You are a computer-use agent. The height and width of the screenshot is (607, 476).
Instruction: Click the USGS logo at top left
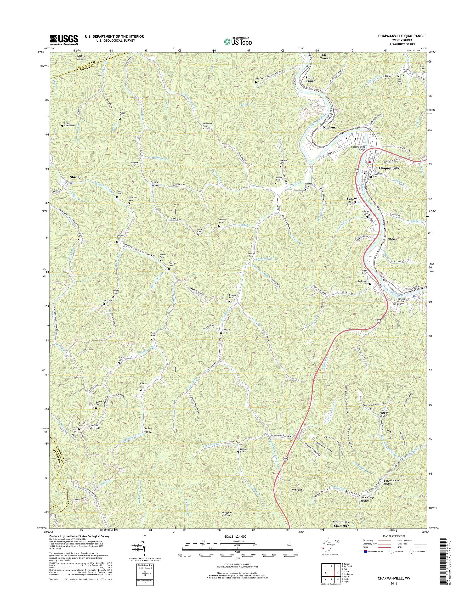pos(64,40)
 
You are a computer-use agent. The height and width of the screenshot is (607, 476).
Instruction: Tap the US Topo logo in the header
pos(238,41)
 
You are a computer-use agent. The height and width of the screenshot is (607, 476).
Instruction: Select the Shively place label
pos(76,177)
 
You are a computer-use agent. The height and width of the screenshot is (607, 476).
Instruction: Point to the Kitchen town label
pos(328,127)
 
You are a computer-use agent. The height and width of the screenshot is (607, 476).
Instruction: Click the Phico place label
pos(392,239)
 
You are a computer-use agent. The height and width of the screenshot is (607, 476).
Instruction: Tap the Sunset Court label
pos(352,200)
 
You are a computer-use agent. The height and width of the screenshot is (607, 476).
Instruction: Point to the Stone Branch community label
pos(310,79)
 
